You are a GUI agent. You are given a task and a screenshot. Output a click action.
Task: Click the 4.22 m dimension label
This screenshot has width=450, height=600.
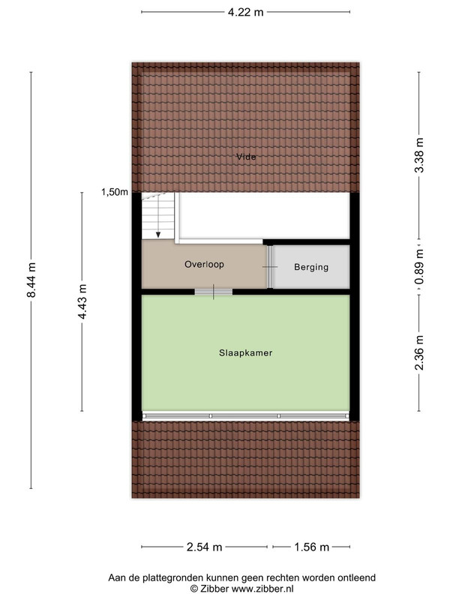point(246,12)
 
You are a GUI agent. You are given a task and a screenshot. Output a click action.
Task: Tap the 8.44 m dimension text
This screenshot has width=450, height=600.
point(31,280)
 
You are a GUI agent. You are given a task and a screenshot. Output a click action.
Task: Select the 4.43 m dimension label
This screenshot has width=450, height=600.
point(82,301)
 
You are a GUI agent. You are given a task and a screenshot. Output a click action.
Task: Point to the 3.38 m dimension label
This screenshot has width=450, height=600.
point(419,155)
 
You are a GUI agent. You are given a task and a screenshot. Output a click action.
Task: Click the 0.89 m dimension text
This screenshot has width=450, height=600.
point(419,267)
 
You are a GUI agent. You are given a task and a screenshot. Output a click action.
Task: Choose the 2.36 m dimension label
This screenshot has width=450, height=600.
point(419,352)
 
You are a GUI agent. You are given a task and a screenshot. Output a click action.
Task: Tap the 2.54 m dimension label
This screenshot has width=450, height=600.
point(204,547)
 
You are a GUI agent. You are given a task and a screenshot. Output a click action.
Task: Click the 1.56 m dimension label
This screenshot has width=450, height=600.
point(311,547)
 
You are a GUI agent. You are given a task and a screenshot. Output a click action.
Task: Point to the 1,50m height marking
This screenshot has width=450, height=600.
point(115,192)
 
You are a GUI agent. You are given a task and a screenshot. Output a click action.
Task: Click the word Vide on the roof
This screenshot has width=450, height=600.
point(246,157)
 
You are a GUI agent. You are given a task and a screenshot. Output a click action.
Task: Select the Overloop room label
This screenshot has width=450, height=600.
point(204,265)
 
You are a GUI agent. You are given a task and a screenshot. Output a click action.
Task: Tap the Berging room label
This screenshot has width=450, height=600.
point(311,267)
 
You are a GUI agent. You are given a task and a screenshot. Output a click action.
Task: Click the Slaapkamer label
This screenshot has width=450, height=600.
point(246,352)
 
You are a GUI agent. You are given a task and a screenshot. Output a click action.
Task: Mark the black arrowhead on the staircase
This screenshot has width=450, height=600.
point(158,235)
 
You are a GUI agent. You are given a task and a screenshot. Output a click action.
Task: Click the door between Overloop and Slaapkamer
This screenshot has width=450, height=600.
point(214,292)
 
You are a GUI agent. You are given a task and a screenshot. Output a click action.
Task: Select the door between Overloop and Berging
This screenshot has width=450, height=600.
point(270,267)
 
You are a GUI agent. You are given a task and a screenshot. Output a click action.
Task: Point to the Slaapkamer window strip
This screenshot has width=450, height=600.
point(246,416)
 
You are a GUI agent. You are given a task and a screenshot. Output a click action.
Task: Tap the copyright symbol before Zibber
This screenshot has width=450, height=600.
point(194,589)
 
